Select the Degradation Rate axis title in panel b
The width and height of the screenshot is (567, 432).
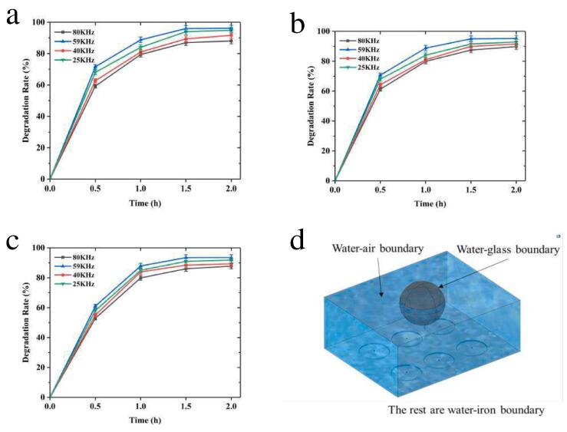(x=311, y=106)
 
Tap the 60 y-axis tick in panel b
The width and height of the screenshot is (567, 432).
(x=325, y=91)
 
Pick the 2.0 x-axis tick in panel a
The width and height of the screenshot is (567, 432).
(x=232, y=187)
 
